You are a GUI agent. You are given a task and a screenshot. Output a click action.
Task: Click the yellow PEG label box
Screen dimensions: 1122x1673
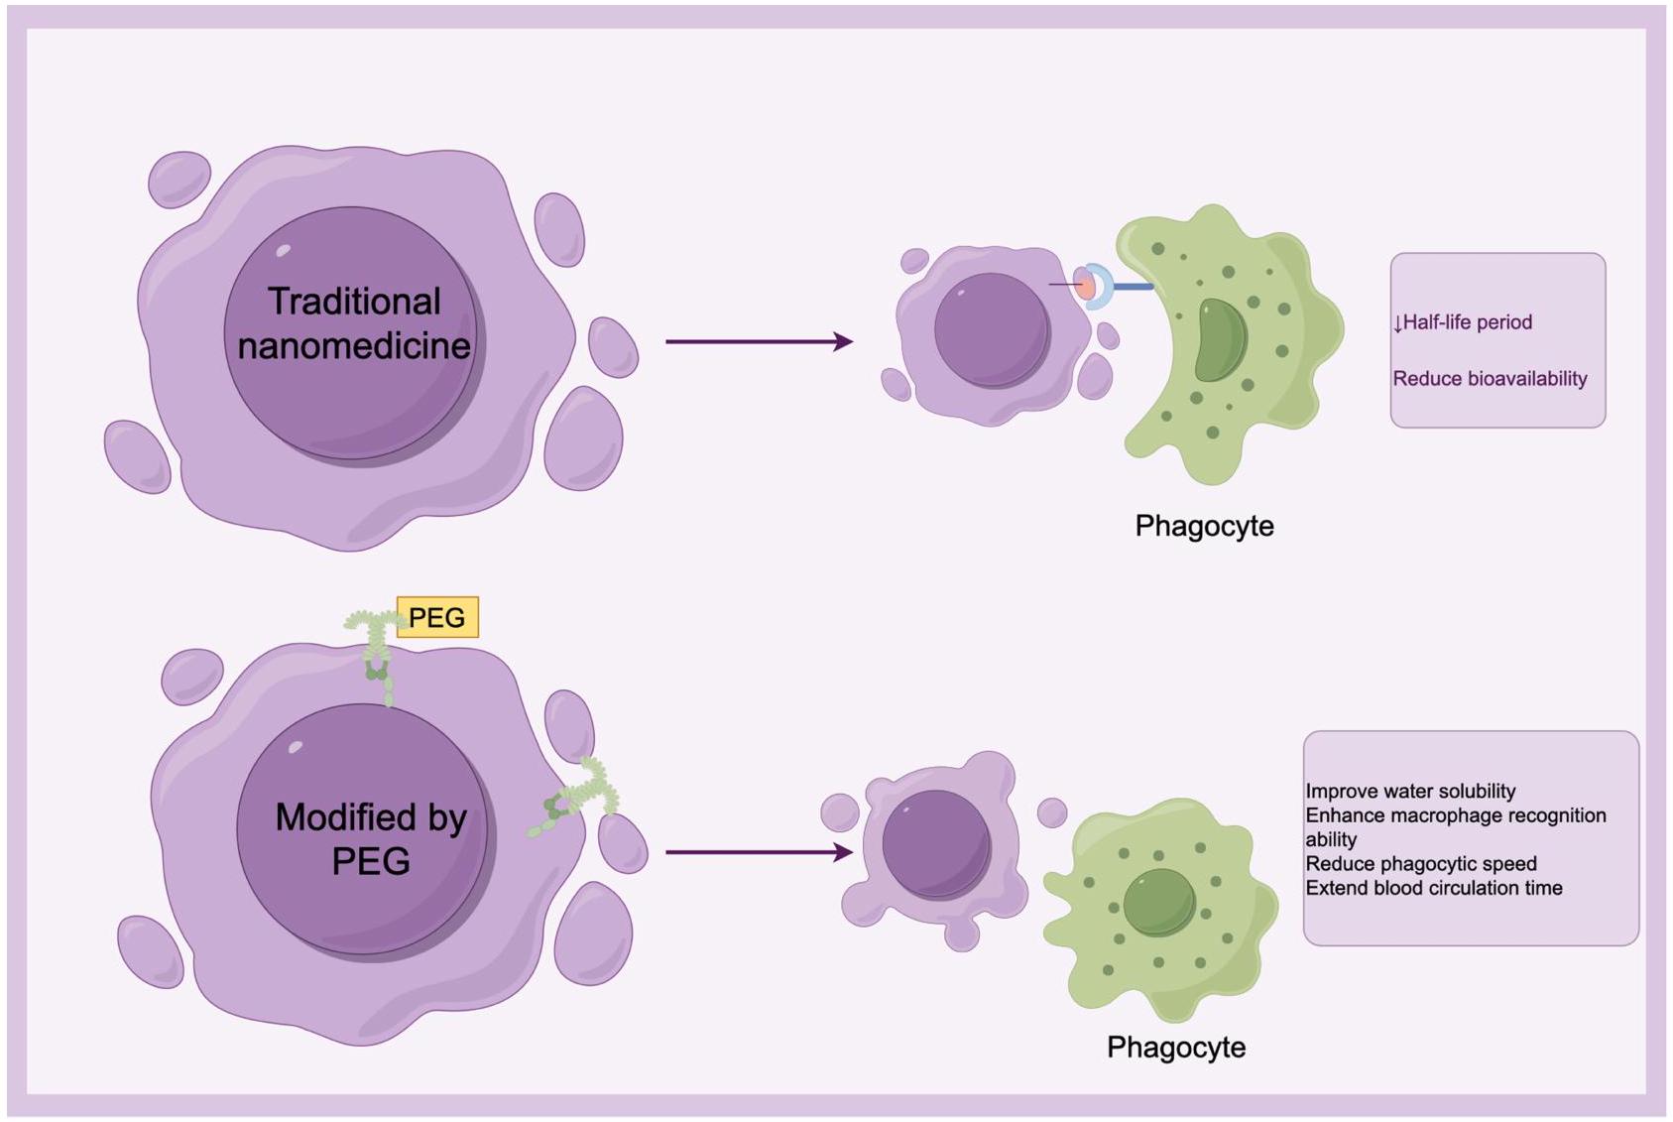(x=437, y=617)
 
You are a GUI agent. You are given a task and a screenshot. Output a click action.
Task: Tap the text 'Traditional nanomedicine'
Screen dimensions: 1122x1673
(x=353, y=323)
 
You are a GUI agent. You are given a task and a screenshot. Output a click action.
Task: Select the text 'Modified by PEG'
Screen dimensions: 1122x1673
(x=370, y=838)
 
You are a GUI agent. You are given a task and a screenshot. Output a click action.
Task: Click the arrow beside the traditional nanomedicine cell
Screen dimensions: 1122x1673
(x=759, y=342)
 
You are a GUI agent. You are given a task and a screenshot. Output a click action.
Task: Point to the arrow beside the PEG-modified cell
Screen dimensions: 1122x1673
(x=759, y=852)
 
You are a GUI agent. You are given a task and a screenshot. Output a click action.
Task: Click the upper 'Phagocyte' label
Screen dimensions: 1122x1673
(x=1204, y=526)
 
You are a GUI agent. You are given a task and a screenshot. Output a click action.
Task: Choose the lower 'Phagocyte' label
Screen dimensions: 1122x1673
(x=1175, y=1048)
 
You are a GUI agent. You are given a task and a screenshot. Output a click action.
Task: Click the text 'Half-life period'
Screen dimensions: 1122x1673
(x=1467, y=322)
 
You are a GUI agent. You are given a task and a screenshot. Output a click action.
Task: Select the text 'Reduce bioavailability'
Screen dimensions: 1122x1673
(x=1490, y=379)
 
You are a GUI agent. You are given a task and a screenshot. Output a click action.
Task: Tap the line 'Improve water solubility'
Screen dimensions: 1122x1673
(x=1410, y=792)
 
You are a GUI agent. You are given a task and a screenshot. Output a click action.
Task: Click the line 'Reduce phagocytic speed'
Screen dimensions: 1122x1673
(x=1420, y=864)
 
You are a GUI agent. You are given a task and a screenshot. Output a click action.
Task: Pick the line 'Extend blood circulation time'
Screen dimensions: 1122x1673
(x=1433, y=888)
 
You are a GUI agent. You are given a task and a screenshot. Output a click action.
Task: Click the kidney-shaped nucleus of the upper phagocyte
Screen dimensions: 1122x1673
(x=1219, y=340)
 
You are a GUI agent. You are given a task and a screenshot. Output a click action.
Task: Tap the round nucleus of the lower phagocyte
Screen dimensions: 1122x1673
(x=1158, y=902)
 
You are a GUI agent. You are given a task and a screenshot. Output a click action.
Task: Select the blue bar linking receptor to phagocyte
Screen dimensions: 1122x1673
(x=1134, y=287)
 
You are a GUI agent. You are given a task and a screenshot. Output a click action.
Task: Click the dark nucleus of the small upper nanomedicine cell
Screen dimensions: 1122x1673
(x=991, y=328)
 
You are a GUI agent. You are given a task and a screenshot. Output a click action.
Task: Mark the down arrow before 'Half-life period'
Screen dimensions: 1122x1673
(x=1397, y=324)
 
